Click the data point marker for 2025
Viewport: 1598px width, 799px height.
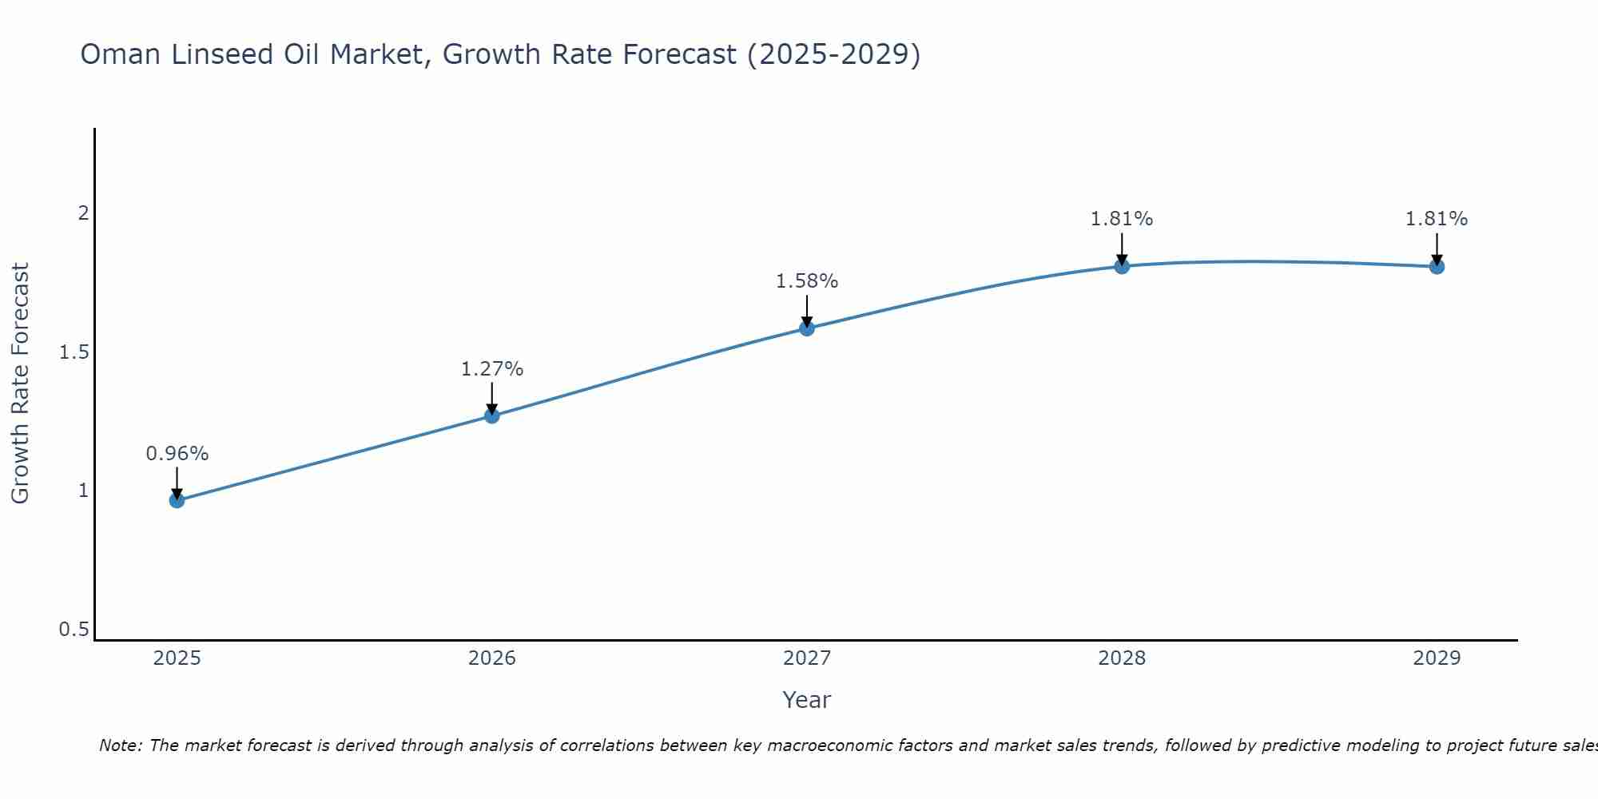click(177, 500)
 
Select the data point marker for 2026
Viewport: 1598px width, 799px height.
click(491, 415)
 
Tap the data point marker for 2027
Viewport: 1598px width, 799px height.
click(807, 328)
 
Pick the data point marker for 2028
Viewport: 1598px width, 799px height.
click(1122, 266)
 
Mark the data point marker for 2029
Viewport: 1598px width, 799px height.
click(1437, 266)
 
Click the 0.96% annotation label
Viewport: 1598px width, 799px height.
click(177, 454)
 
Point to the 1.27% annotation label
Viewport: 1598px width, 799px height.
click(491, 369)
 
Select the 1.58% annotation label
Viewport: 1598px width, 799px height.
click(807, 281)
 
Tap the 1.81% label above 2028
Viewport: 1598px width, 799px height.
click(1122, 219)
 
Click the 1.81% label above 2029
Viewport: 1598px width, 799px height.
click(1437, 219)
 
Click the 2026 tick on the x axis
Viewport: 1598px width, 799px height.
click(491, 658)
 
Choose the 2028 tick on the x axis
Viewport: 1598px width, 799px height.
click(1122, 658)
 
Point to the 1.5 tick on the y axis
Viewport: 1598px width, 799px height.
click(74, 352)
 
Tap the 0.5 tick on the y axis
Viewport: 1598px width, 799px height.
click(74, 630)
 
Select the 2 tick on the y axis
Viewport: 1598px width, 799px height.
click(82, 213)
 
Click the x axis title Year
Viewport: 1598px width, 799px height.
click(807, 700)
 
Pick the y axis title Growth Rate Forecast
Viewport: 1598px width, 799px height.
click(20, 384)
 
